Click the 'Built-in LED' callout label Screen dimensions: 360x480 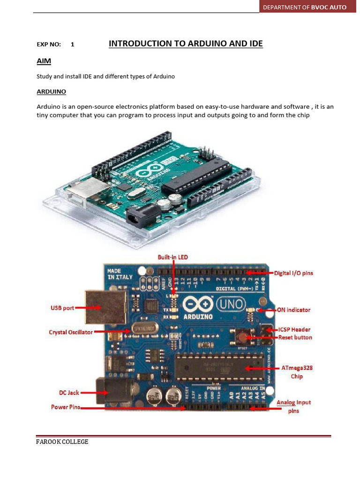coord(172,257)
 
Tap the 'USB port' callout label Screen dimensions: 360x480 coord(62,308)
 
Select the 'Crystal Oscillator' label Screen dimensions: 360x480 coord(71,332)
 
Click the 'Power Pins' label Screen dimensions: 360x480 coord(66,407)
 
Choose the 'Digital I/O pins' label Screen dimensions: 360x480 coord(294,273)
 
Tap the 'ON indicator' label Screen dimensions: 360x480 coord(294,310)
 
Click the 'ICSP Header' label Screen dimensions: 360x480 coord(294,330)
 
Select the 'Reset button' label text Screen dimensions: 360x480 coord(295,337)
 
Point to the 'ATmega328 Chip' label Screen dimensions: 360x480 coord(297,372)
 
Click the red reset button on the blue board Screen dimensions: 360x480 coord(243,337)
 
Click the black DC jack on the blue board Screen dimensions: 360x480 coord(107,390)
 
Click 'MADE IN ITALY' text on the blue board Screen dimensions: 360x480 coord(120,274)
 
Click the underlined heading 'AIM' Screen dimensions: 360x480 coord(44,61)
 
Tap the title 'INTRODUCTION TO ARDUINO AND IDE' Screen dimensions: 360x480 coord(186,44)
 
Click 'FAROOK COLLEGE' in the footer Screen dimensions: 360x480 coord(62,442)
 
